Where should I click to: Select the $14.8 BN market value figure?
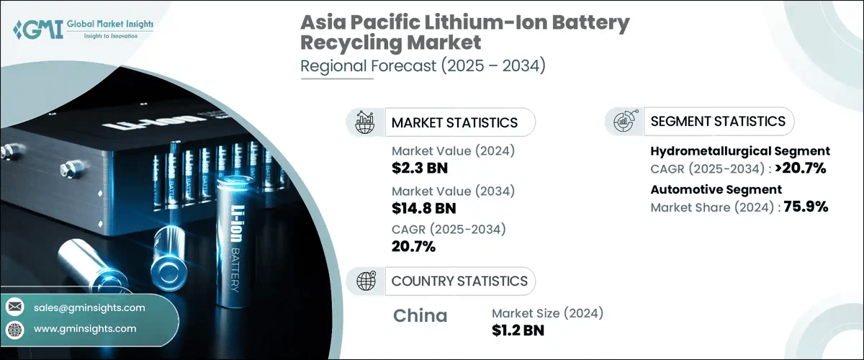pyautogui.click(x=424, y=209)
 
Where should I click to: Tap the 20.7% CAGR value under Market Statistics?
pyautogui.click(x=413, y=246)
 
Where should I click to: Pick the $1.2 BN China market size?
pyautogui.click(x=518, y=330)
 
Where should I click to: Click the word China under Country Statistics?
pyautogui.click(x=420, y=315)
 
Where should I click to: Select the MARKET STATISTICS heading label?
pyautogui.click(x=454, y=122)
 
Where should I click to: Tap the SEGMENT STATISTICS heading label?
pyautogui.click(x=718, y=122)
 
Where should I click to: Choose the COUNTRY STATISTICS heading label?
pyautogui.click(x=459, y=281)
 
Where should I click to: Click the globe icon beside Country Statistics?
pyautogui.click(x=366, y=281)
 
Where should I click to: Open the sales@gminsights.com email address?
pyautogui.click(x=89, y=307)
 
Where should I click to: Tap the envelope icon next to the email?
pyautogui.click(x=14, y=307)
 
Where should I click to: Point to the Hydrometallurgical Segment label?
pyautogui.click(x=740, y=151)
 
